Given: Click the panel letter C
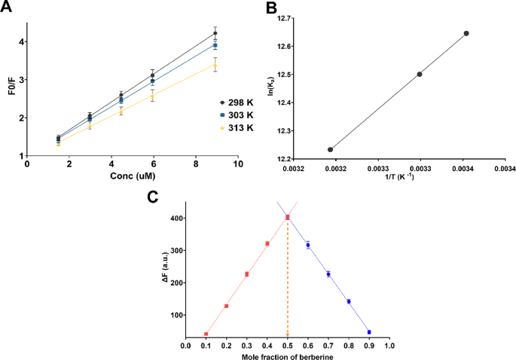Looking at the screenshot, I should coord(152,197).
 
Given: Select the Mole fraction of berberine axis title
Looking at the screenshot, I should coord(286,357).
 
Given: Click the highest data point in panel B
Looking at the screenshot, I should coord(466,33).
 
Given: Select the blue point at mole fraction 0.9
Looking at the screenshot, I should coord(369,332).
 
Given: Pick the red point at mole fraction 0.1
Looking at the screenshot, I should coord(206,334).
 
